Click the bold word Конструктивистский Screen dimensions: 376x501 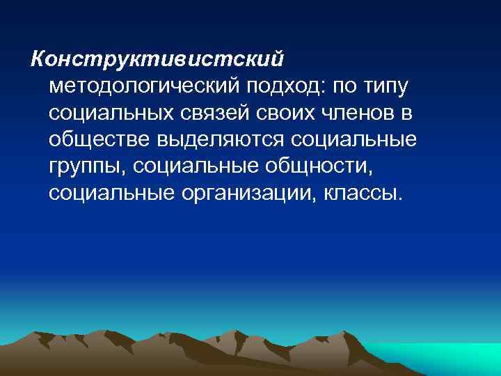tap(157, 58)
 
